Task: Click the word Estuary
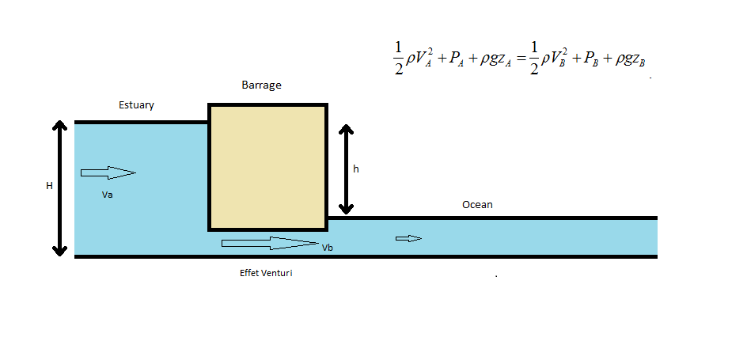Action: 136,104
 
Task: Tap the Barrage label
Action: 261,85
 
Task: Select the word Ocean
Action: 477,205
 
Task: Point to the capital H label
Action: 49,186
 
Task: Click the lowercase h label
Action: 356,169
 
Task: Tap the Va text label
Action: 108,195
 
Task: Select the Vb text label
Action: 328,248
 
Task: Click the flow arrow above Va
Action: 108,172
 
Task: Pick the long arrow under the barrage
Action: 269,243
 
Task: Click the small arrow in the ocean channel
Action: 408,238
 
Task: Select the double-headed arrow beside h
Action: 345,169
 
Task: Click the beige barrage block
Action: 267,166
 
